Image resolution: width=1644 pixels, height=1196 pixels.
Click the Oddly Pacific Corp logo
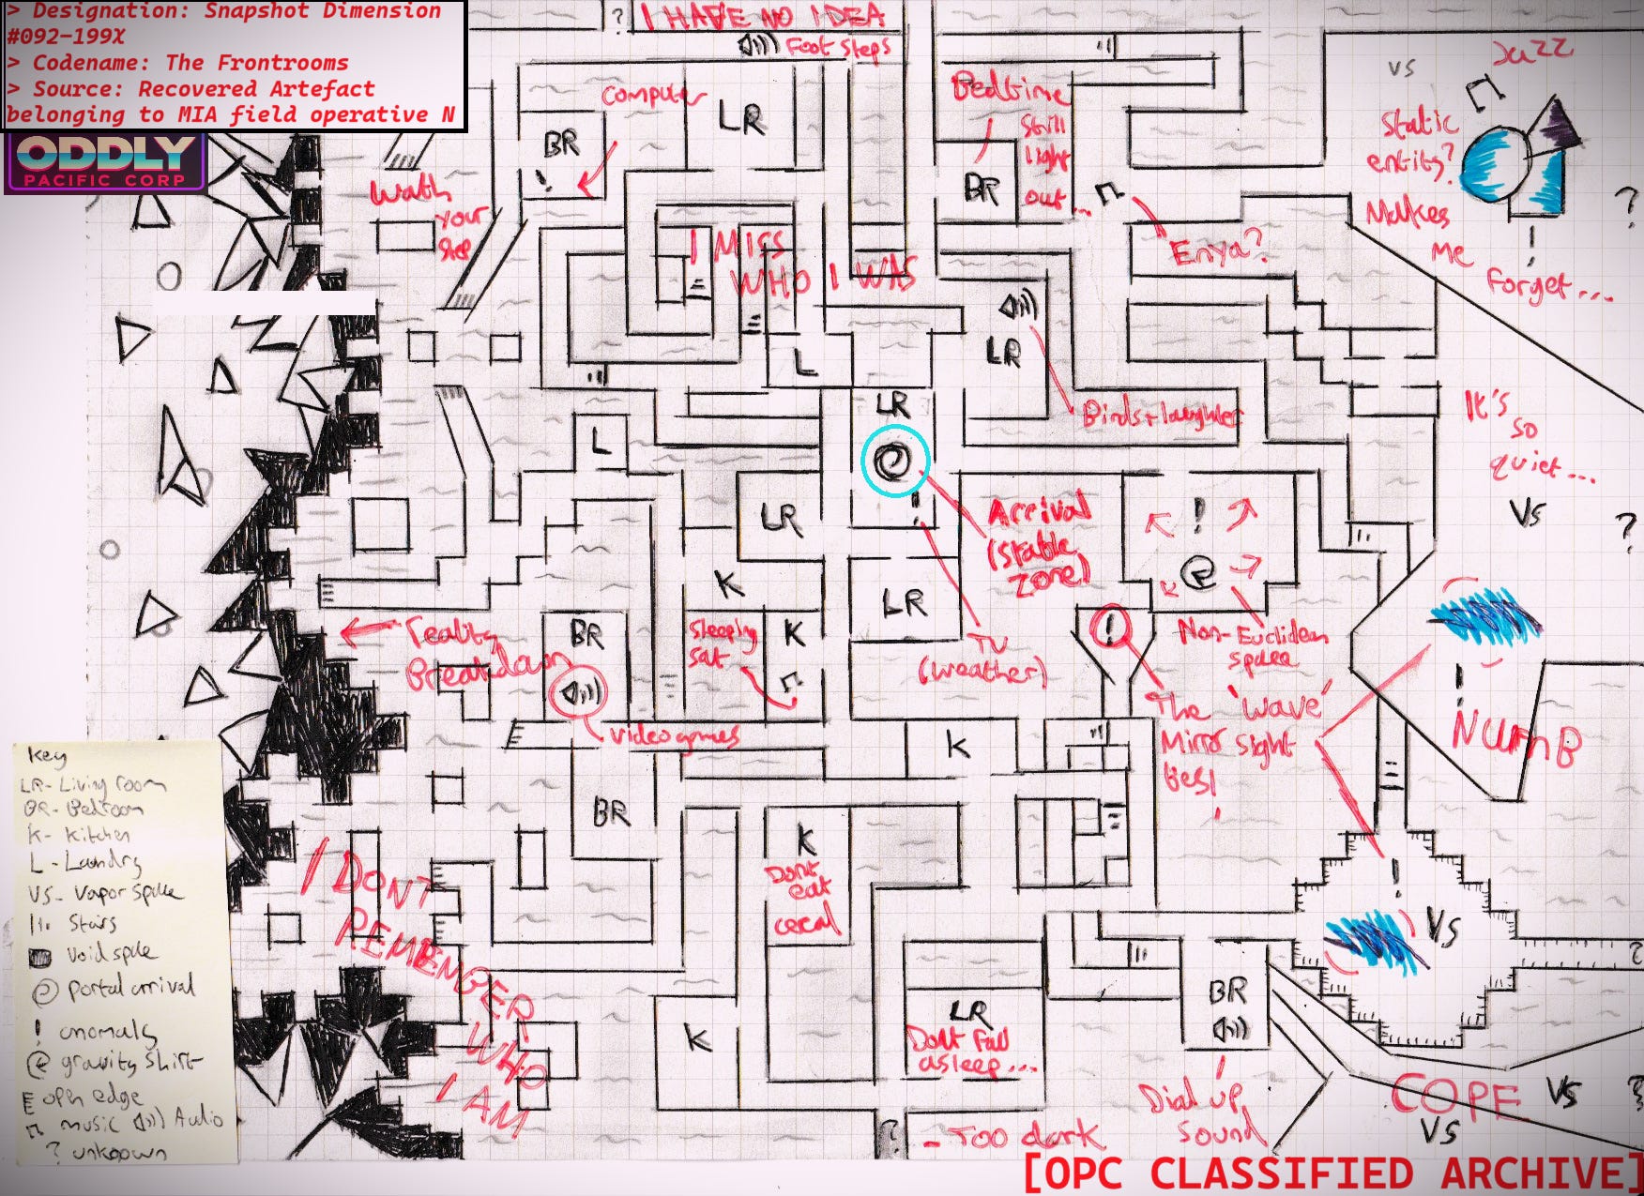(x=105, y=162)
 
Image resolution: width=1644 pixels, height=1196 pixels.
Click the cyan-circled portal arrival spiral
(x=892, y=462)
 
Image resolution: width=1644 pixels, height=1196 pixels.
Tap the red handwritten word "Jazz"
(x=1531, y=53)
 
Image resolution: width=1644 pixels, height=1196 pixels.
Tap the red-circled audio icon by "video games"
(x=578, y=693)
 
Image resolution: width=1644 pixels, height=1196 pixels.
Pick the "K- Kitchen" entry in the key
(x=79, y=834)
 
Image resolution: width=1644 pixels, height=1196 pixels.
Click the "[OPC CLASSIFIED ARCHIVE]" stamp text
(x=1333, y=1173)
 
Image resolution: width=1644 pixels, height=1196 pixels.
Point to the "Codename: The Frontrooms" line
(x=190, y=63)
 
